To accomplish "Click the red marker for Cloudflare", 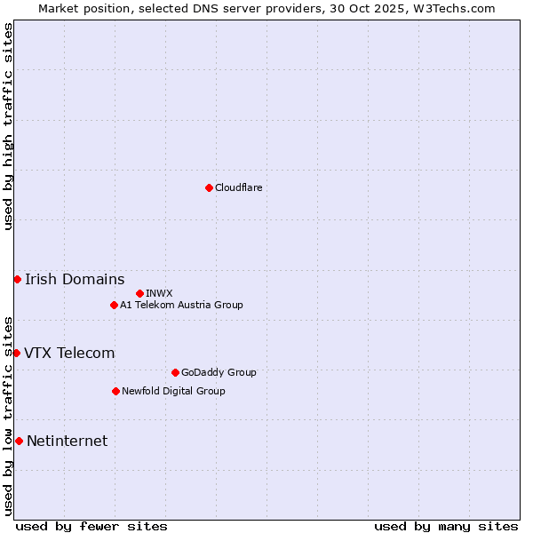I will pyautogui.click(x=209, y=187).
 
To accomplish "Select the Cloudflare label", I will pyautogui.click(x=238, y=187).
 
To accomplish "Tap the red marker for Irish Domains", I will pyautogui.click(x=17, y=279).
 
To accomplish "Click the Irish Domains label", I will pyautogui.click(x=75, y=279).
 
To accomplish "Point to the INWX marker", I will pyautogui.click(x=139, y=293).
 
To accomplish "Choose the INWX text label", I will pyautogui.click(x=159, y=293).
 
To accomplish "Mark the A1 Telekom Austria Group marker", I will pyautogui.click(x=114, y=305).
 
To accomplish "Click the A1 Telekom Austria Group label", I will pyautogui.click(x=181, y=305).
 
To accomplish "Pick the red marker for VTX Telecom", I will pyautogui.click(x=16, y=353).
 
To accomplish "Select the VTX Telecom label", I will pyautogui.click(x=69, y=353).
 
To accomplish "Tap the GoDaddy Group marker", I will pyautogui.click(x=175, y=372).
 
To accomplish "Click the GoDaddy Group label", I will pyautogui.click(x=218, y=372).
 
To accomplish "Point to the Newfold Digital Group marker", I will pyautogui.click(x=115, y=391).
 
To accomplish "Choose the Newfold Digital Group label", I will pyautogui.click(x=173, y=391).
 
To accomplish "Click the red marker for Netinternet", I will pyautogui.click(x=19, y=441).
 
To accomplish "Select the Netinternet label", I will pyautogui.click(x=67, y=441).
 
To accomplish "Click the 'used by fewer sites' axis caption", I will pyautogui.click(x=91, y=526).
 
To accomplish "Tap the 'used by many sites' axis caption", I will pyautogui.click(x=446, y=526).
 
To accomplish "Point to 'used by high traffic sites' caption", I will pyautogui.click(x=8, y=126).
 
